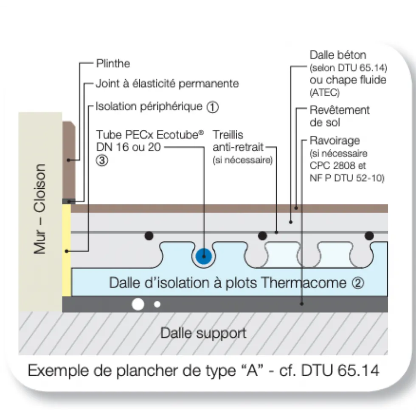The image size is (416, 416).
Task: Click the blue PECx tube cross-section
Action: (204, 257)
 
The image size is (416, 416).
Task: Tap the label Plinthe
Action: (113, 64)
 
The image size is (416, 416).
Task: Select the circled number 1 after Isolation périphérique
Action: (213, 107)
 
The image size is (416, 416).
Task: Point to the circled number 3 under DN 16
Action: (102, 161)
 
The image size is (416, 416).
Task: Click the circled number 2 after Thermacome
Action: (358, 283)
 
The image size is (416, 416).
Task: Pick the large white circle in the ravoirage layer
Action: (138, 304)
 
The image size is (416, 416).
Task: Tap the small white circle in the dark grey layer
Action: (157, 304)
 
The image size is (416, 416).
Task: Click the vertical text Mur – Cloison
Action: (39, 209)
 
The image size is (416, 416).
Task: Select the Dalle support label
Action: (203, 333)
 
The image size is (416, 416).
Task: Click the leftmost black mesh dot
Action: (149, 236)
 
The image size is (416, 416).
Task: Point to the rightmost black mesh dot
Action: (369, 236)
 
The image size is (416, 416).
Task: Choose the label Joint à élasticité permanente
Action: (167, 84)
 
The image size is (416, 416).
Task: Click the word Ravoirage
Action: (335, 141)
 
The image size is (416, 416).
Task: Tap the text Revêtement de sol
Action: (340, 116)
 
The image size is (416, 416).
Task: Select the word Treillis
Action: (228, 135)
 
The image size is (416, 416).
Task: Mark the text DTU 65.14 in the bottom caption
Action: (340, 370)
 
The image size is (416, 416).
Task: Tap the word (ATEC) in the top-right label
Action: (325, 92)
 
